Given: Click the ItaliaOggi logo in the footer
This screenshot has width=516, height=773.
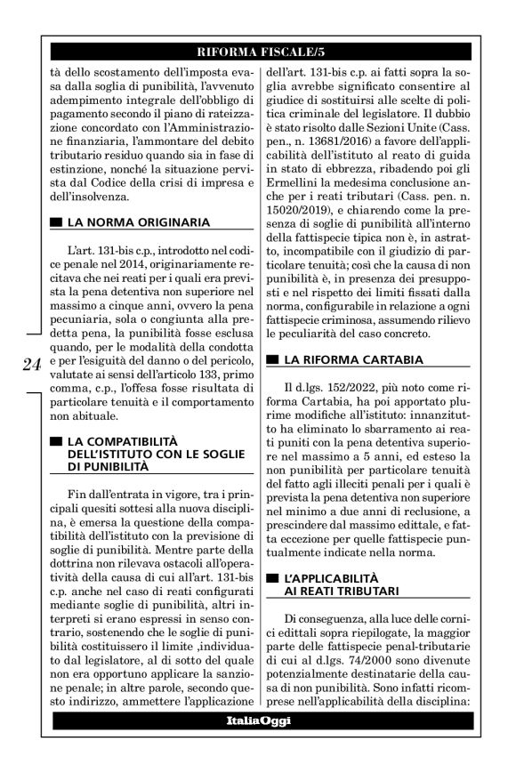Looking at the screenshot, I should click(257, 721).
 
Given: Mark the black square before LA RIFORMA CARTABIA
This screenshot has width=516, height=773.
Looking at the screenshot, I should click(274, 360).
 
